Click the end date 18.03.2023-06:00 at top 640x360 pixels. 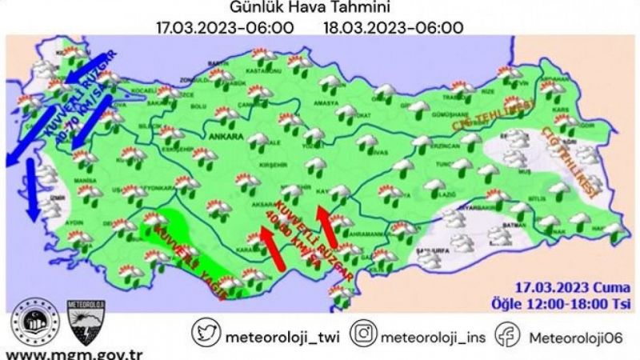393,27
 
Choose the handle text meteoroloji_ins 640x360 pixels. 431,334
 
